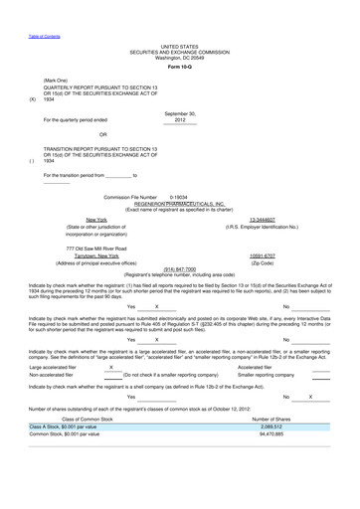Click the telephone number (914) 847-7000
pos(180,267)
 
